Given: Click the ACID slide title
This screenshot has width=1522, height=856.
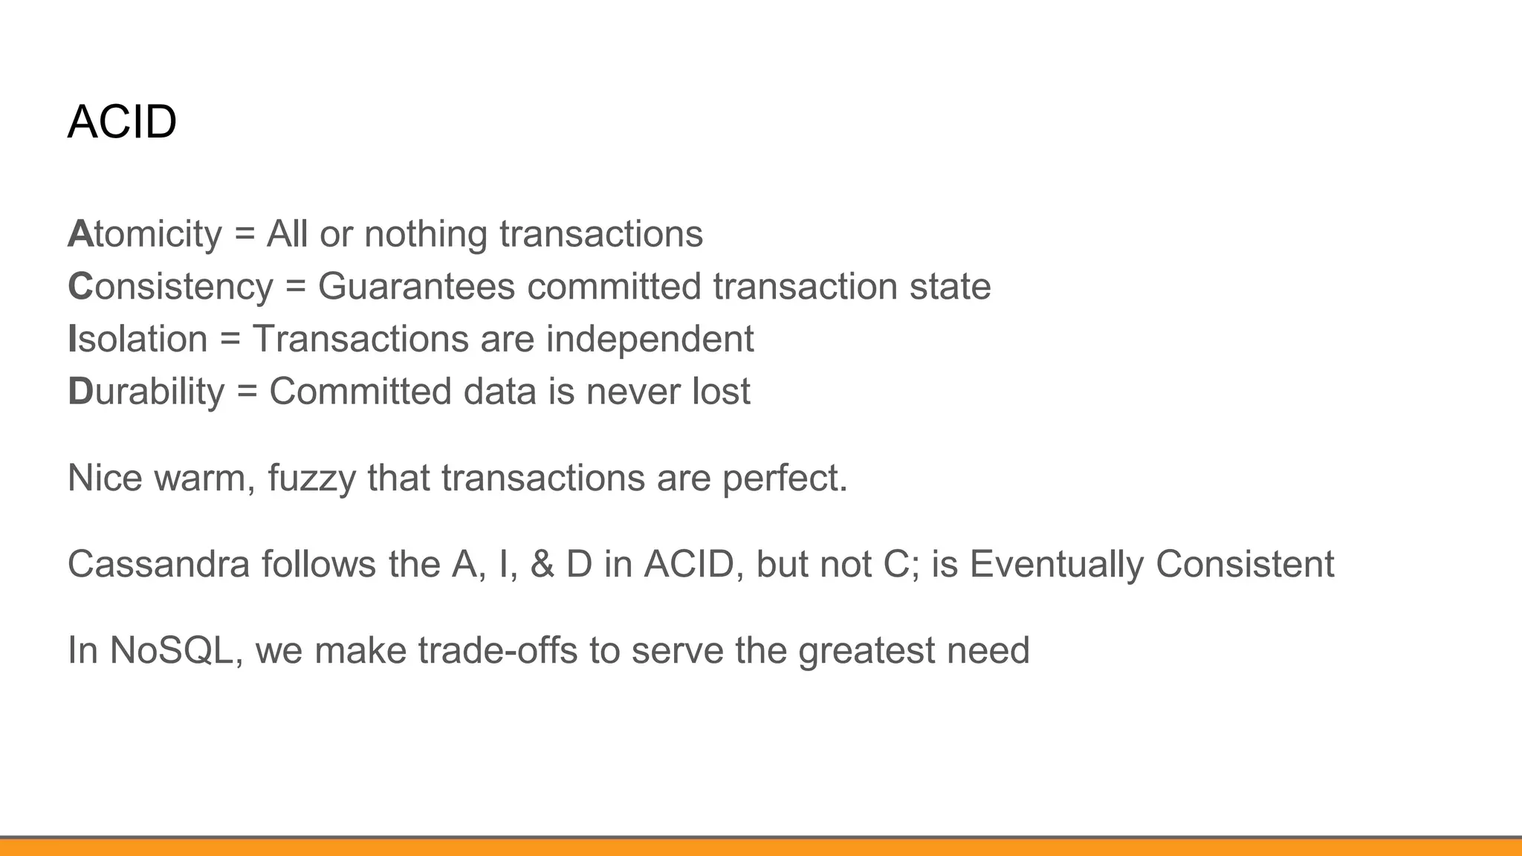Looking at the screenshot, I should tap(122, 122).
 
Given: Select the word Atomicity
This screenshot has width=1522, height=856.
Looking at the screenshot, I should tap(144, 234).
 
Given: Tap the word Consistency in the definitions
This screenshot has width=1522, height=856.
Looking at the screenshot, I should tap(170, 287).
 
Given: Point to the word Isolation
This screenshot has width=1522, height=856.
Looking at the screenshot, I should tap(137, 340).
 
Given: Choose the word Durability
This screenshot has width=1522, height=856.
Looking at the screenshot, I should tap(146, 392).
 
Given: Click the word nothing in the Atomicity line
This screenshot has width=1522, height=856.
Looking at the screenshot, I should tap(425, 234).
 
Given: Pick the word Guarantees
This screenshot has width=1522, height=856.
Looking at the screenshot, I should tap(416, 287).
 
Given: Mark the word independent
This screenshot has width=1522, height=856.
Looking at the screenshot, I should tap(650, 340).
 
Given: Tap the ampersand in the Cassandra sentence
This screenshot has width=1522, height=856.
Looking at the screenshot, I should tap(542, 564).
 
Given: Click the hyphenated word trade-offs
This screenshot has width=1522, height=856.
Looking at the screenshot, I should tap(498, 650).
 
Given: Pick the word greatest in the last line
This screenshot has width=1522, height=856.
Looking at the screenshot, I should tap(866, 650).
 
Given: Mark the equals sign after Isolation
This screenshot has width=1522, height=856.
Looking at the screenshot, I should tap(230, 340).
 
